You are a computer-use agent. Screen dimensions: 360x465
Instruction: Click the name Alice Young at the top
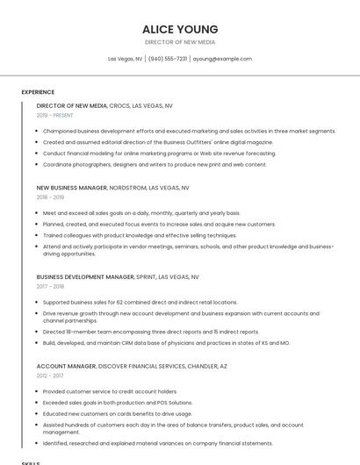point(180,29)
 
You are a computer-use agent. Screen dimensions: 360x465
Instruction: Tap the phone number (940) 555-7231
point(168,59)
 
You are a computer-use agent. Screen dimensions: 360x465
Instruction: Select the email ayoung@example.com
point(222,59)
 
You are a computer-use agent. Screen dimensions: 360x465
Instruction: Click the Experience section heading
point(38,92)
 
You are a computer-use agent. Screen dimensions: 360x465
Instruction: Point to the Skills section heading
point(31,462)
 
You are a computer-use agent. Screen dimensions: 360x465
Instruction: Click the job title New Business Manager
point(72,188)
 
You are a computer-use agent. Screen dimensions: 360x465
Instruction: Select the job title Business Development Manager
point(85,276)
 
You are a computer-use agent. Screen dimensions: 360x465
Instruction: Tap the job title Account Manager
point(65,366)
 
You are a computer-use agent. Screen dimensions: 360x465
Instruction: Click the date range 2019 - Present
point(54,115)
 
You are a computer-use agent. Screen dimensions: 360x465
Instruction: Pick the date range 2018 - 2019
point(49,197)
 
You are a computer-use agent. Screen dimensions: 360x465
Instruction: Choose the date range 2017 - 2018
point(50,286)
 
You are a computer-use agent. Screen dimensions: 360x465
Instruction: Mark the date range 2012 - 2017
point(49,376)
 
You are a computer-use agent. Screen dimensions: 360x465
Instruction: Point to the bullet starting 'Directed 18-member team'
point(151,332)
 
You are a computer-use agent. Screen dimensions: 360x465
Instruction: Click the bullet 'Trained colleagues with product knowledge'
point(140,235)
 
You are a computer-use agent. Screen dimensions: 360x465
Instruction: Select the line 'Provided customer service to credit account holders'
point(110,391)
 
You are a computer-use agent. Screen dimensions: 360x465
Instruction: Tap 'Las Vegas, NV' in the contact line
point(125,59)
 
